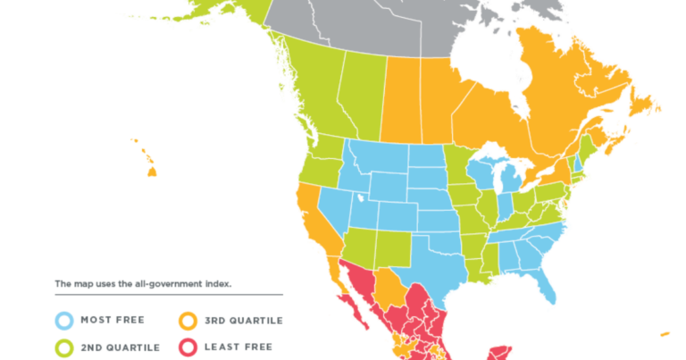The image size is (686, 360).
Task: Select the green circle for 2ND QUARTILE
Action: (x=64, y=347)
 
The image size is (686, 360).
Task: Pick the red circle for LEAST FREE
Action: (x=188, y=347)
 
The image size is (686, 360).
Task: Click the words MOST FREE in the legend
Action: (x=112, y=320)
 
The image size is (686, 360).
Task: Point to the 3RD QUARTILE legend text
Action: (x=240, y=320)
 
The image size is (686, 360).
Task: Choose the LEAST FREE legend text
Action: (x=235, y=347)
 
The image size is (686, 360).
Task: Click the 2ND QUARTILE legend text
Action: (x=121, y=347)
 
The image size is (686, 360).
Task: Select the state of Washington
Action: (x=327, y=148)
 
